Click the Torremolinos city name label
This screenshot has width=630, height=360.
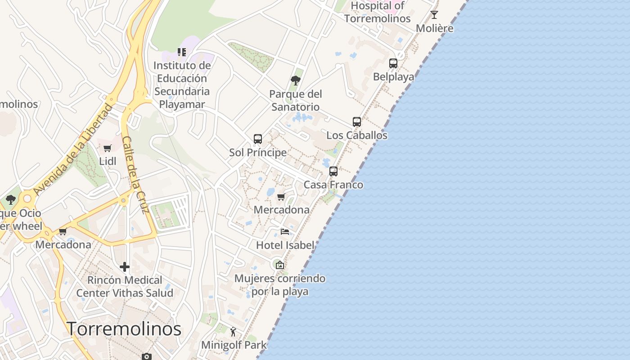(124, 329)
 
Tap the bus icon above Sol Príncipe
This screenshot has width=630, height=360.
(258, 139)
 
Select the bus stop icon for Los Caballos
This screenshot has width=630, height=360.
(357, 122)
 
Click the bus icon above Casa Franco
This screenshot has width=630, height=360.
(333, 171)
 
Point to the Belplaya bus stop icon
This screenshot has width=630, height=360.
(393, 63)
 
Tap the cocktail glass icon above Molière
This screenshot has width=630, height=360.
(434, 15)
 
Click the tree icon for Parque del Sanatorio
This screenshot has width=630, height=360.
(296, 81)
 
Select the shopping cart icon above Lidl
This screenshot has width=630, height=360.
(108, 148)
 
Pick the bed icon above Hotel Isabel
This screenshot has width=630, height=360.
(285, 232)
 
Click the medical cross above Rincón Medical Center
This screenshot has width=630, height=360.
(125, 267)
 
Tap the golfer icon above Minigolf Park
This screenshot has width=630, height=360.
(233, 332)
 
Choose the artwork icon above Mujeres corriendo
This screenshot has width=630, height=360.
(280, 265)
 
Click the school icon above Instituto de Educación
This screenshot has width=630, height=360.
(182, 52)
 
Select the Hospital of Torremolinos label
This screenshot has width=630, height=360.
(378, 12)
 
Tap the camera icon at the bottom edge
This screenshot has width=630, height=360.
(146, 356)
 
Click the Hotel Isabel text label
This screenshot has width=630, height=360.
(285, 245)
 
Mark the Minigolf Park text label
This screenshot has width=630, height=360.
(234, 345)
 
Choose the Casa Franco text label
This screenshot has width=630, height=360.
(333, 184)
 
